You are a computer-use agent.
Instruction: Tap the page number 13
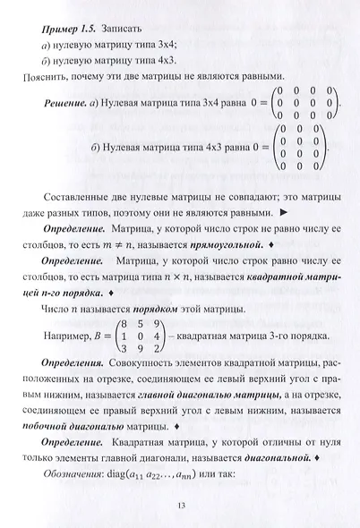(180, 507)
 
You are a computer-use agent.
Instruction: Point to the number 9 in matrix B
(157, 322)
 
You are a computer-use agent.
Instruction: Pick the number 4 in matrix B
(157, 336)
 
